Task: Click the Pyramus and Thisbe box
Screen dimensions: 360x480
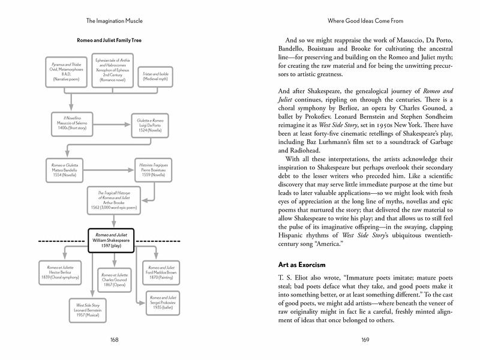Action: coord(67,72)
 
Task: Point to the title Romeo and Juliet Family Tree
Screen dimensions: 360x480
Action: coord(113,41)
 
